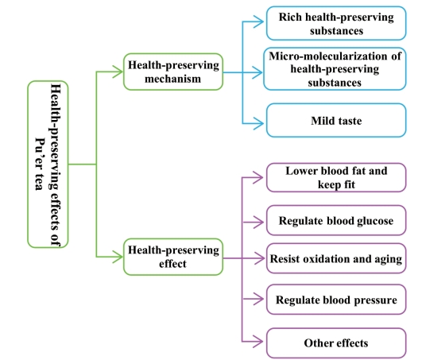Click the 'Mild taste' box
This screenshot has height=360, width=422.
(336, 120)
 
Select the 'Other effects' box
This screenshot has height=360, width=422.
(336, 343)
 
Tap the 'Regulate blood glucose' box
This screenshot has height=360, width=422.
(336, 220)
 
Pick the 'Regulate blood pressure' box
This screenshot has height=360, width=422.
(336, 299)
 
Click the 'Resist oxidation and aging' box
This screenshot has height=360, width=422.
(336, 258)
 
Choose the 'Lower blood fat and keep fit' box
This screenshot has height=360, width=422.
(336, 177)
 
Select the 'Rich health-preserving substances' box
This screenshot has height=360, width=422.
(336, 23)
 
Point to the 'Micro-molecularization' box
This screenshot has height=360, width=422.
(335, 69)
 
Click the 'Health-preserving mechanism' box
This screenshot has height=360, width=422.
(173, 72)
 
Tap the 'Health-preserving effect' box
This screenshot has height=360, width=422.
(173, 257)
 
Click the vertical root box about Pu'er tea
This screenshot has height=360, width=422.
(48, 165)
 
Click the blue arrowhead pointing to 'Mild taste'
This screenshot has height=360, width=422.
(258, 124)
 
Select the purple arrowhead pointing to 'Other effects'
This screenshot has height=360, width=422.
(258, 342)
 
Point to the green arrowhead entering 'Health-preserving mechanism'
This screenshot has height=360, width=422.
(118, 72)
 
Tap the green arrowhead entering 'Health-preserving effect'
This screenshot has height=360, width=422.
(118, 257)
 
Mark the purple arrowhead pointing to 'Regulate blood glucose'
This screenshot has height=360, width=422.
(258, 223)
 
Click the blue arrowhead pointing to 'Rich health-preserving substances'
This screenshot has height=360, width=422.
(258, 21)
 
